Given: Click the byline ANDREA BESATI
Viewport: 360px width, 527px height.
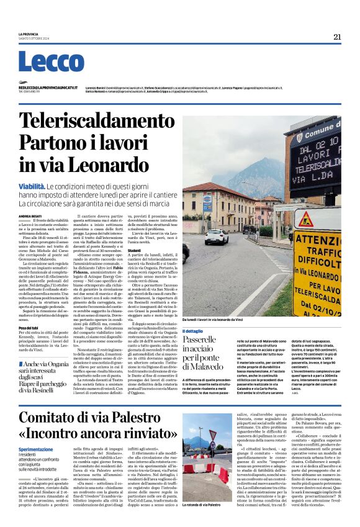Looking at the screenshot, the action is coord(29,216).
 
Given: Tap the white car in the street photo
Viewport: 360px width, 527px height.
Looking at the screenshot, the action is coord(217,236).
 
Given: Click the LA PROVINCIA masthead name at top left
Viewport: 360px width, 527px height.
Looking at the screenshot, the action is coord(29,34).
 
